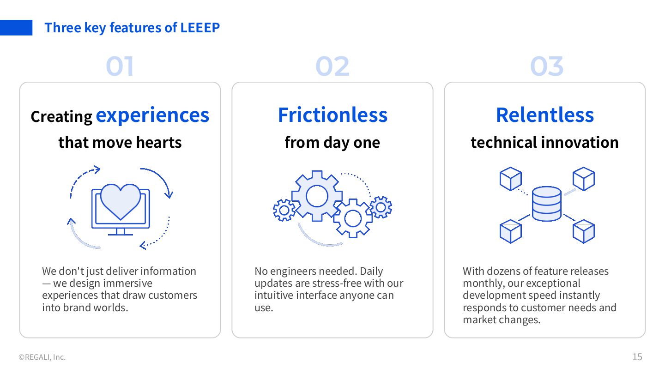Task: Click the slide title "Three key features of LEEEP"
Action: pos(132,28)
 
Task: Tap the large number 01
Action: pos(120,66)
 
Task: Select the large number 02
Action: pos(332,66)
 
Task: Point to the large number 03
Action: pos(547,66)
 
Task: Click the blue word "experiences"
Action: pos(152,115)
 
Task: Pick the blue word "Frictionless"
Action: pos(332,115)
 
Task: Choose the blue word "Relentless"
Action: pos(545,115)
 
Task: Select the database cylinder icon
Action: pos(546,204)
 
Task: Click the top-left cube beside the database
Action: pos(510,179)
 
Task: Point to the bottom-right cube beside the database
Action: pos(583,231)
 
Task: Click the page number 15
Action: pos(637,356)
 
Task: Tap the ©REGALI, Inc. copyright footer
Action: pos(42,357)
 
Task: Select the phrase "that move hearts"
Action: pos(120,142)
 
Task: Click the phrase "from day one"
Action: pos(332,142)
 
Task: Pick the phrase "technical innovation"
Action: pos(545,142)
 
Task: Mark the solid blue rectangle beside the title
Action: pos(16,28)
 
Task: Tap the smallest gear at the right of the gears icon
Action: pos(381,207)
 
